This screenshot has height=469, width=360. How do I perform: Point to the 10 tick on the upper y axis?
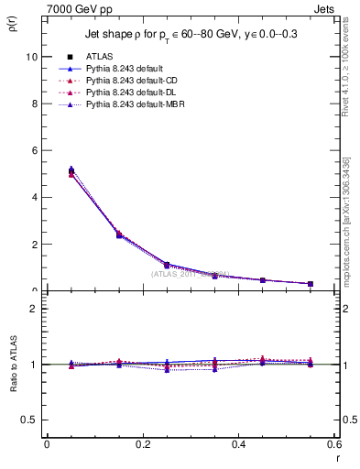32,57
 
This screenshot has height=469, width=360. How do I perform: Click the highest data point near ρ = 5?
47,170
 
